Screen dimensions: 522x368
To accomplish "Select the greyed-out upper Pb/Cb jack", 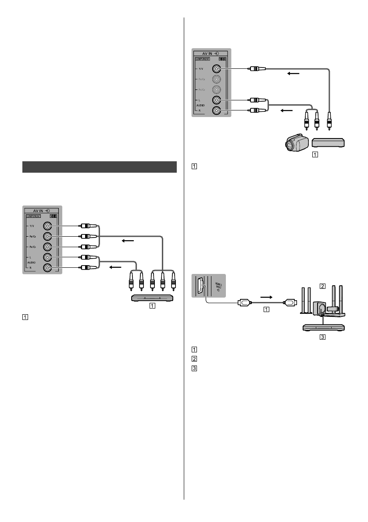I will [216, 79].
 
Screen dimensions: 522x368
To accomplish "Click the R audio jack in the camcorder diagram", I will [216, 110].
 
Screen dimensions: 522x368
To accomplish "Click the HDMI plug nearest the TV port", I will [243, 302].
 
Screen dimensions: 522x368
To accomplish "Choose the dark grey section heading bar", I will [99, 167].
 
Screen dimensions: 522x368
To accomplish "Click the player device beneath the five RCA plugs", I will [153, 298].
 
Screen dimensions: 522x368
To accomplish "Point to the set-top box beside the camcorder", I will [329, 142].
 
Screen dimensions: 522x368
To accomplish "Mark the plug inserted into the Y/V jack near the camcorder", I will [254, 68].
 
